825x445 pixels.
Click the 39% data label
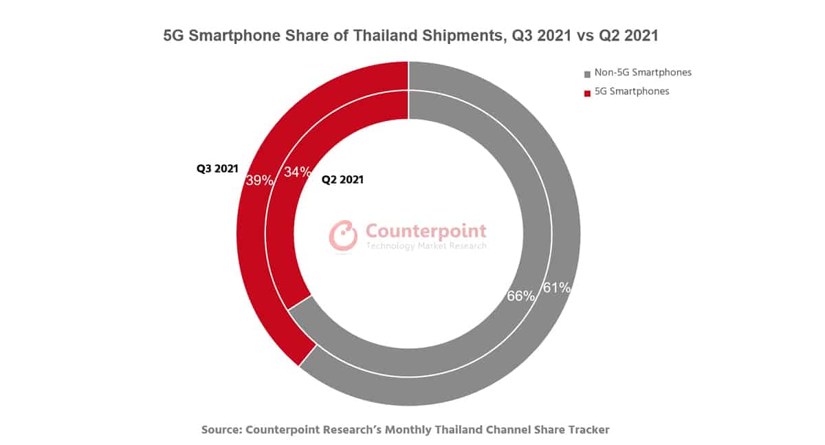click(x=261, y=181)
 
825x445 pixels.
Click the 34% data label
click(x=298, y=172)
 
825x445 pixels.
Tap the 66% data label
click(x=520, y=296)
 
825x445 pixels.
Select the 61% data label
click(x=557, y=287)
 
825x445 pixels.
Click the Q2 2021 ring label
click(x=342, y=180)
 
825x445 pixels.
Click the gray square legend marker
click(x=587, y=73)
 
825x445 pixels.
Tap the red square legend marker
click(x=587, y=92)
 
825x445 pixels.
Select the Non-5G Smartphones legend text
click(x=642, y=72)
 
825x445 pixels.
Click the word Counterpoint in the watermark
click(x=426, y=230)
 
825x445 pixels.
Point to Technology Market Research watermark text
click(x=426, y=246)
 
